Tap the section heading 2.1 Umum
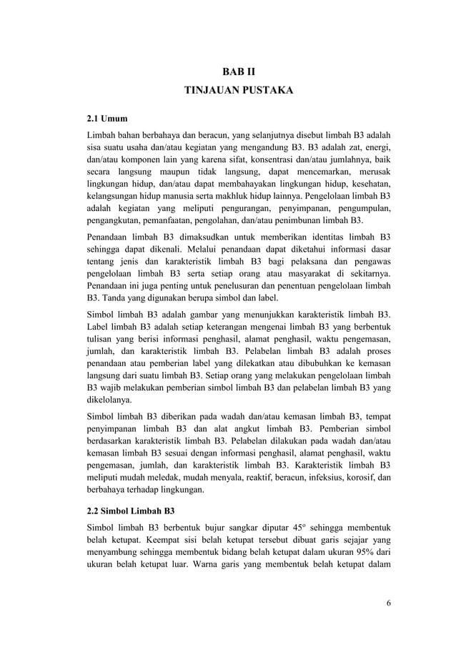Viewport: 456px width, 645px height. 106,118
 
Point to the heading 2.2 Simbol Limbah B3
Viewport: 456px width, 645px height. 130,511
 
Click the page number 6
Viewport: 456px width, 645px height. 389,603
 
